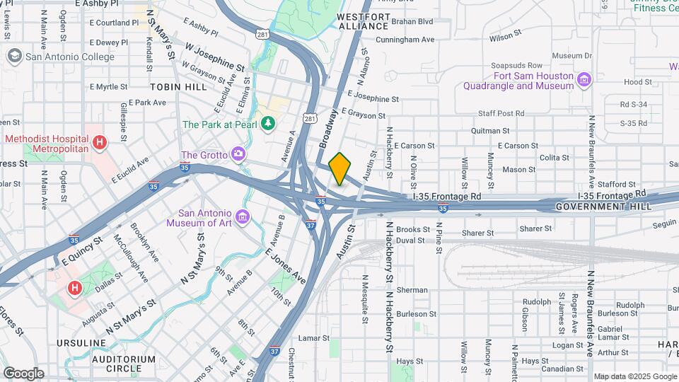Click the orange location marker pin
point(340,168)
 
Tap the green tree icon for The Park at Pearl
point(268,125)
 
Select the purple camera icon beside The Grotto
point(238,154)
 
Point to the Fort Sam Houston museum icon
point(584,78)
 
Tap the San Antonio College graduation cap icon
point(14,56)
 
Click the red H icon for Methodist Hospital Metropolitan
point(100,143)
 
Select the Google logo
point(23,373)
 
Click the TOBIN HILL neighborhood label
point(178,86)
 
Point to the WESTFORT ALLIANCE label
point(364,21)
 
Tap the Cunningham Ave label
point(405,40)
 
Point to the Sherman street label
point(412,290)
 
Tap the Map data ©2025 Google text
point(635,376)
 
